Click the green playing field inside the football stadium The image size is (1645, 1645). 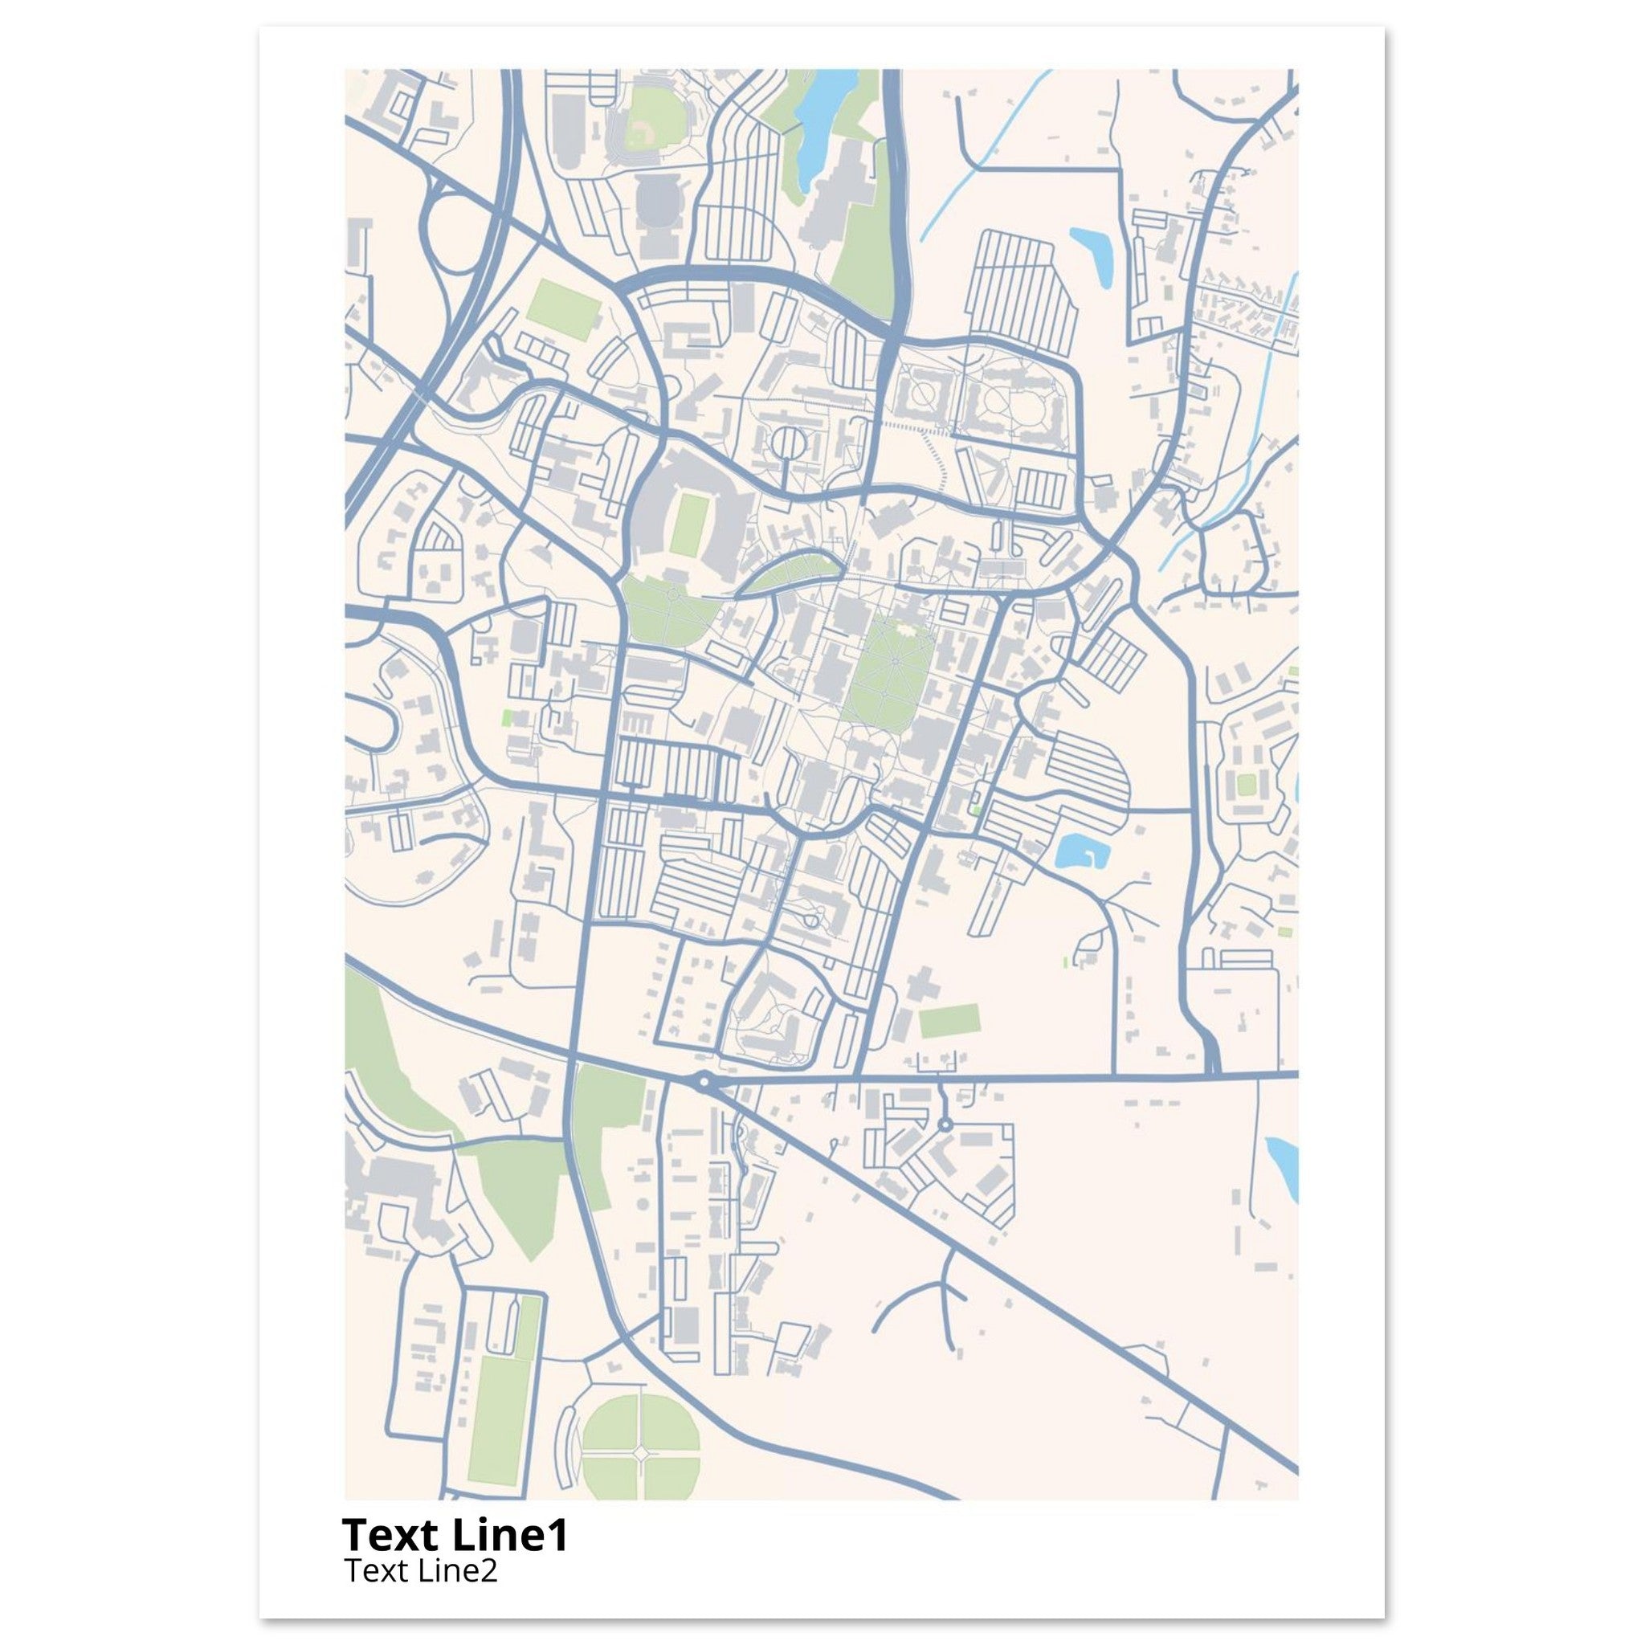click(686, 525)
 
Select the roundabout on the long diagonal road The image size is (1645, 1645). click(704, 1082)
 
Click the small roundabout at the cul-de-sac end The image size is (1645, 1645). click(945, 1125)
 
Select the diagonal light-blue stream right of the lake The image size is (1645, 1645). click(988, 153)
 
